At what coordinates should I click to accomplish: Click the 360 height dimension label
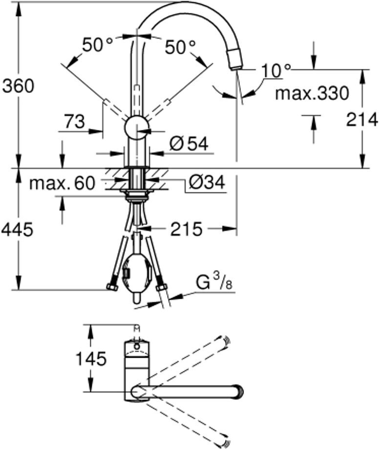[x=19, y=86]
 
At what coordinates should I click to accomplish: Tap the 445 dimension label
[x=17, y=230]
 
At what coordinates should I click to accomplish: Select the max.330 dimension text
[x=312, y=93]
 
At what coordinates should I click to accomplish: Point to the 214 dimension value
[x=362, y=120]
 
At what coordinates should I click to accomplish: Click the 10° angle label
[x=275, y=70]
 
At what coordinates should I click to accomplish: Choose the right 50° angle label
[x=180, y=47]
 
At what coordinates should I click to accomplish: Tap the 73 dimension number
[x=74, y=122]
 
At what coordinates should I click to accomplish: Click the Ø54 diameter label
[x=189, y=143]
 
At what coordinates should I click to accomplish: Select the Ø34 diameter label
[x=207, y=182]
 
